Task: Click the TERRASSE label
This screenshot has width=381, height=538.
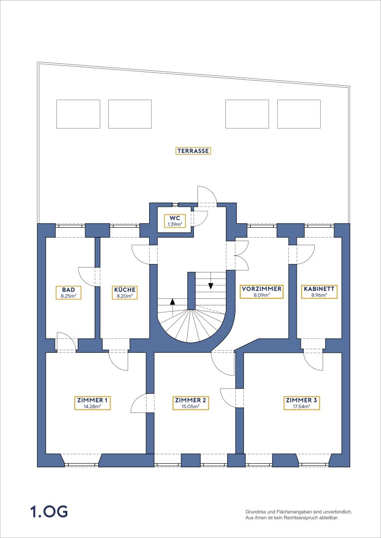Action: pos(193,150)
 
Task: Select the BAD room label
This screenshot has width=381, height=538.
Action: pos(69,289)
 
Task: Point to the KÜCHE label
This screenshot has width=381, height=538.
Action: pos(125,289)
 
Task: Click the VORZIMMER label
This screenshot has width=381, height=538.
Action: pos(261,289)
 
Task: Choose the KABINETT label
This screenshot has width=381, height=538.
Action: pos(319,289)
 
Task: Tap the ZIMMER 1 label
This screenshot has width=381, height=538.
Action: pos(92,400)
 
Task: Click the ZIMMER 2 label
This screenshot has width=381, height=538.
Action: pos(190,400)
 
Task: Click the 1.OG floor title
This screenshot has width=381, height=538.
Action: pos(49,512)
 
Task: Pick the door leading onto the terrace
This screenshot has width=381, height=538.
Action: pos(207,196)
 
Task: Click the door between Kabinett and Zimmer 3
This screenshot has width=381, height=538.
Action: pos(313,360)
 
